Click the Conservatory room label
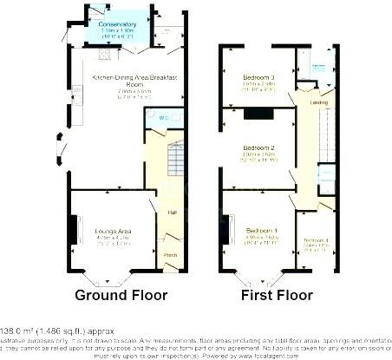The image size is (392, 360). pyautogui.click(x=117, y=24)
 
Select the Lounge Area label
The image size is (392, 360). pyautogui.click(x=113, y=231)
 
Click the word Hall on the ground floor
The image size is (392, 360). pyautogui.click(x=172, y=213)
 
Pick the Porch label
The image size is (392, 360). pyautogui.click(x=170, y=254)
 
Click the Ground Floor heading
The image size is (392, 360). pyautogui.click(x=121, y=296)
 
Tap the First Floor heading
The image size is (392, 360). pyautogui.click(x=277, y=296)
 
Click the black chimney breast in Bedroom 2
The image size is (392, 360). pyautogui.click(x=256, y=114)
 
